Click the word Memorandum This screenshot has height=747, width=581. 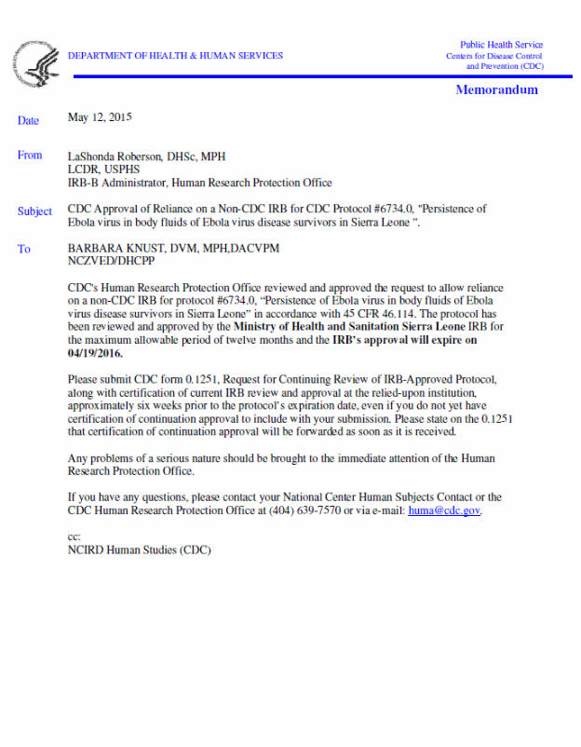(x=496, y=90)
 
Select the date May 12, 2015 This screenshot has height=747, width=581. (x=100, y=117)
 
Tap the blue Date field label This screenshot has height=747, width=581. (x=28, y=120)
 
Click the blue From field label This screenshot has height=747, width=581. (x=30, y=156)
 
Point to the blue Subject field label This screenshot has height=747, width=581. (x=34, y=211)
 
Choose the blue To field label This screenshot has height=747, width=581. (x=23, y=249)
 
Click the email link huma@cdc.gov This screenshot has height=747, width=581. (x=444, y=510)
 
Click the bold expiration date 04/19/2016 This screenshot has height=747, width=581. (x=95, y=354)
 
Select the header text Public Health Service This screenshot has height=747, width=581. (x=501, y=45)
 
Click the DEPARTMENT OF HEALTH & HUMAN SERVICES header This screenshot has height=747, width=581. (x=175, y=56)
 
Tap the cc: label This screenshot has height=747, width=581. (x=74, y=536)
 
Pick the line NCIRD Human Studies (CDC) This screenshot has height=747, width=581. (x=140, y=550)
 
